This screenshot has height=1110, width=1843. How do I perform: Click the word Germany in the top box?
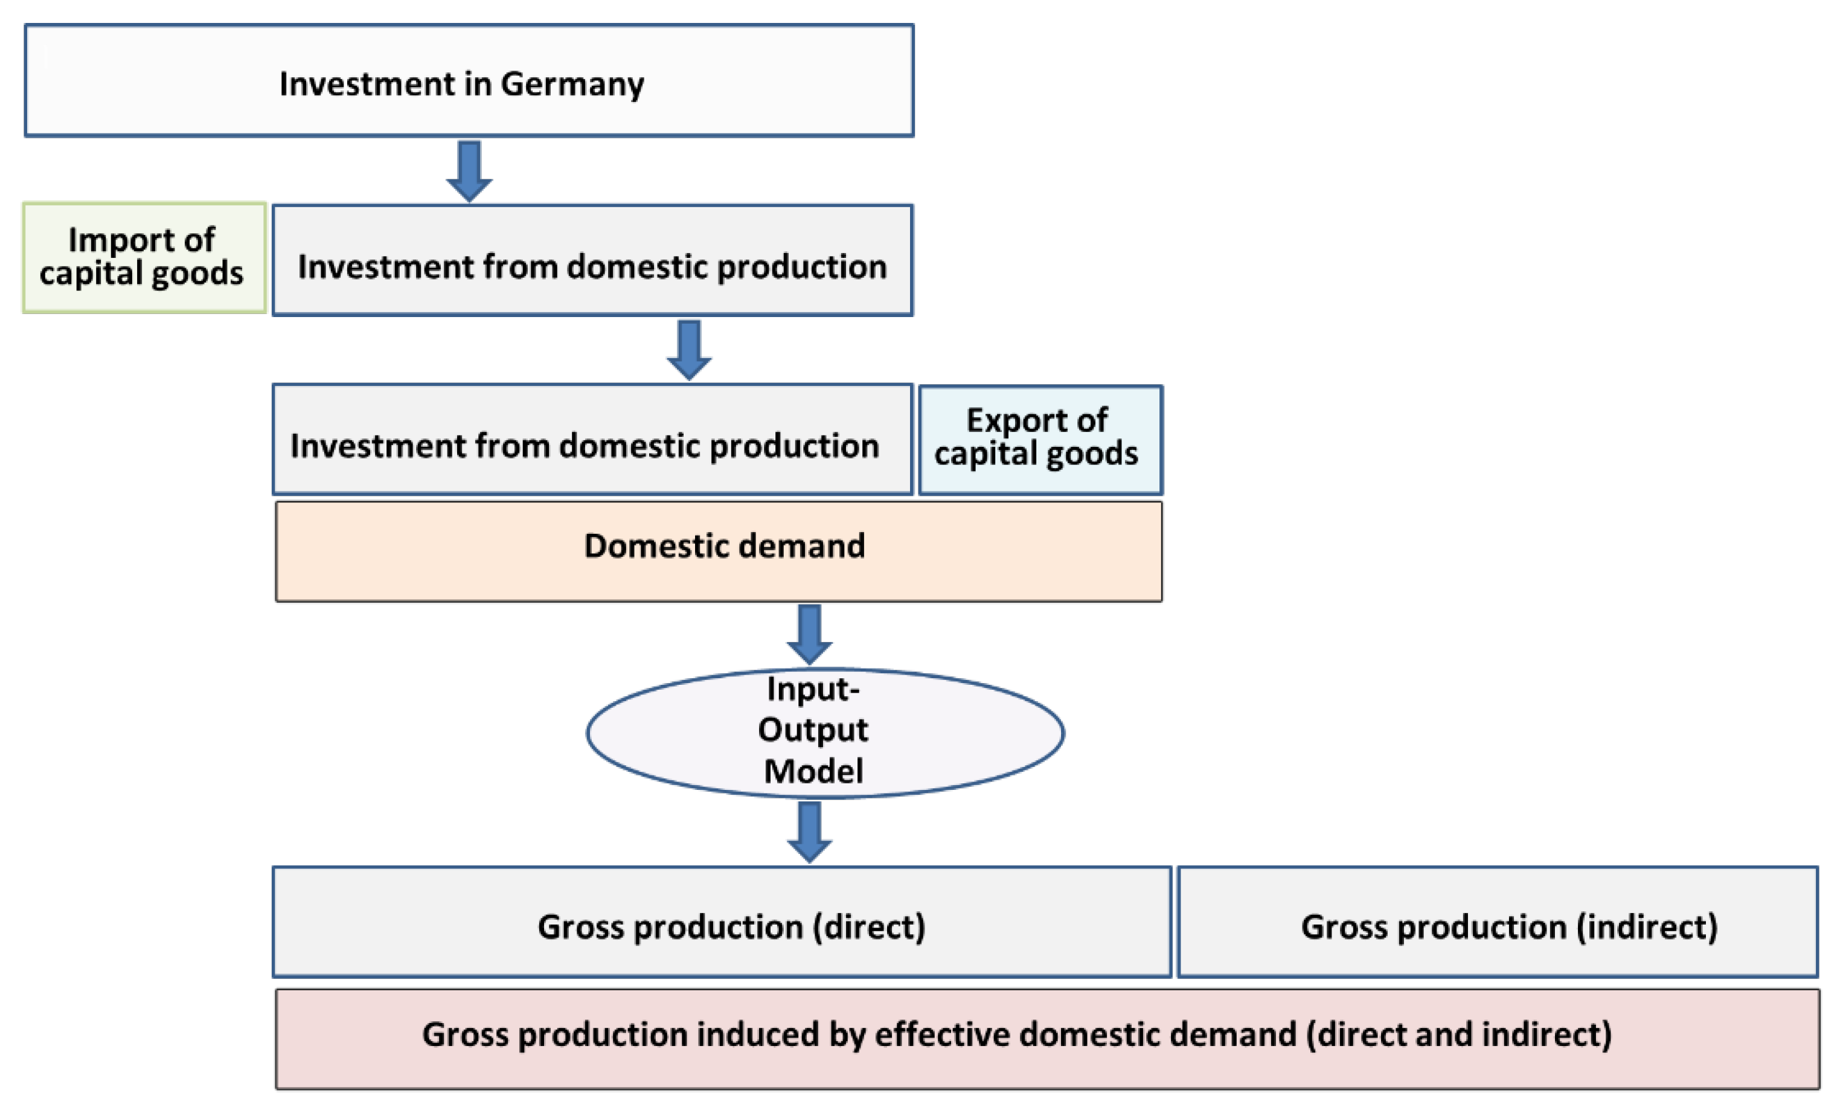tap(572, 84)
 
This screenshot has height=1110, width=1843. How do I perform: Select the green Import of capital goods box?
tap(144, 257)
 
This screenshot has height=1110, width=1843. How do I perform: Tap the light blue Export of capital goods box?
tap(1040, 440)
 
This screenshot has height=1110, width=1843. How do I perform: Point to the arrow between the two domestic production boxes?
tap(688, 349)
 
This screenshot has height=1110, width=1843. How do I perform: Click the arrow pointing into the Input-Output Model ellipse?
tap(809, 634)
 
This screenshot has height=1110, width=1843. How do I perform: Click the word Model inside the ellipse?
tap(813, 771)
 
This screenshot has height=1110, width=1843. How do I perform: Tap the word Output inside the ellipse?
tap(813, 730)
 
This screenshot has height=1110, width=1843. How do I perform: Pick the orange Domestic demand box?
tap(718, 551)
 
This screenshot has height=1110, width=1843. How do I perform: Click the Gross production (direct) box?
tap(722, 922)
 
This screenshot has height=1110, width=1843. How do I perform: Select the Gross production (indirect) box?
tap(1498, 922)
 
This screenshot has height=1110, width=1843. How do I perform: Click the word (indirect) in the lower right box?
tap(1647, 927)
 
